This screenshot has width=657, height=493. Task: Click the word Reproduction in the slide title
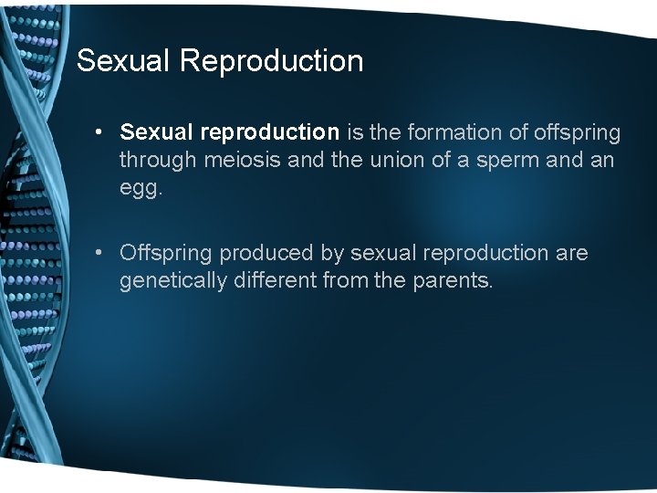click(271, 61)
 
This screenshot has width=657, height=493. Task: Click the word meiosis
click(234, 160)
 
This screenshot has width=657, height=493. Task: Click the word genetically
click(172, 280)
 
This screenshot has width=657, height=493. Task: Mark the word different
click(274, 279)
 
